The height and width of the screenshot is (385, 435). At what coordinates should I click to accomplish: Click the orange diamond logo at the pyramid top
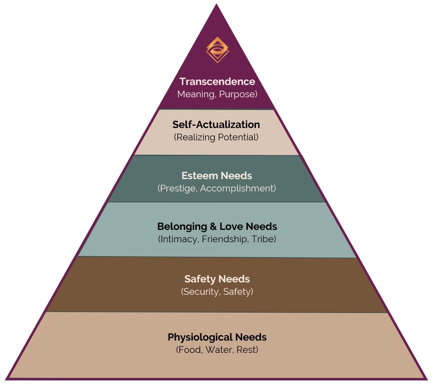point(217,50)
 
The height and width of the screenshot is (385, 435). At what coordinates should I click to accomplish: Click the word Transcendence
point(217,81)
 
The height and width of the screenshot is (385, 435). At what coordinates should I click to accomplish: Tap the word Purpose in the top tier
point(237,94)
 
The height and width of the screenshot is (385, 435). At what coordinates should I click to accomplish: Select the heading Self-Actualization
point(216,124)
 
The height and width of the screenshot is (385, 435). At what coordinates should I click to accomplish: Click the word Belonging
point(182,226)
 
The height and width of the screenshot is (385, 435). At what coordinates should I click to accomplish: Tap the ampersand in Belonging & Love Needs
point(213,226)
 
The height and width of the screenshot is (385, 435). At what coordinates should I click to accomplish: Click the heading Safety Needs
point(217,279)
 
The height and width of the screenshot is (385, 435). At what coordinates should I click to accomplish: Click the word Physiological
point(200,337)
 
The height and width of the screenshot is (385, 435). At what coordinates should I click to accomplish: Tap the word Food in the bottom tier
point(190,350)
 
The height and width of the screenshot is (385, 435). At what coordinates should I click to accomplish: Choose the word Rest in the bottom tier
point(246,350)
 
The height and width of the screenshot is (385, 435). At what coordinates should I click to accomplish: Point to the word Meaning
point(196,94)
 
